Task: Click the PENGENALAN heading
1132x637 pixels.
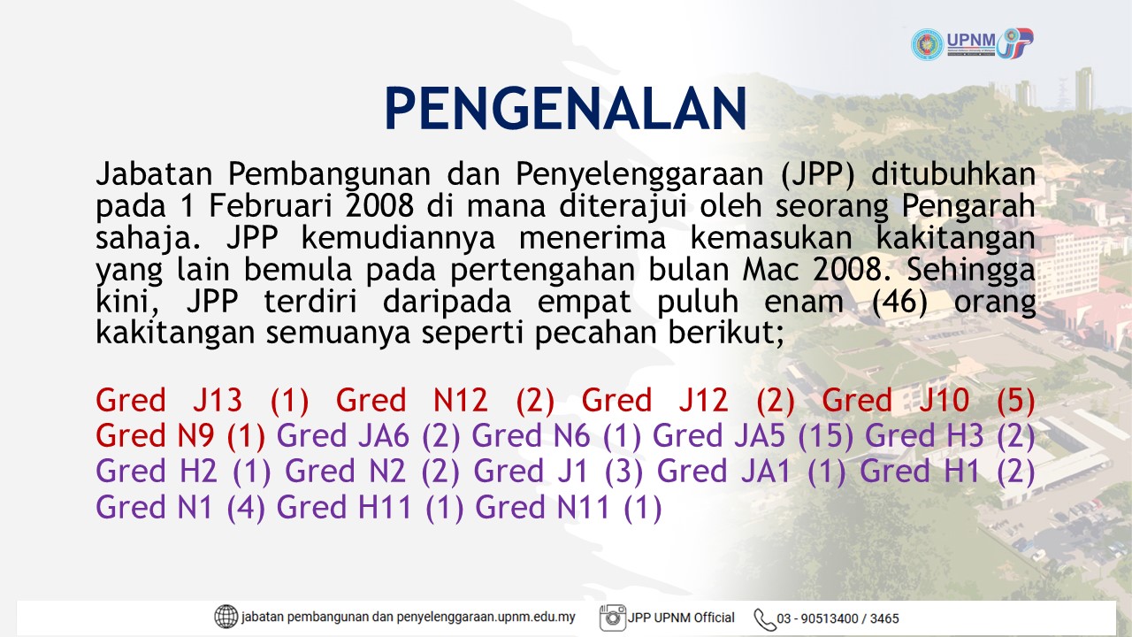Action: (565, 109)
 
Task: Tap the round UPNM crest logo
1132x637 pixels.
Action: (927, 44)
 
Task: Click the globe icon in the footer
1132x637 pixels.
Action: (226, 617)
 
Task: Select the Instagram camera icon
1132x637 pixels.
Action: (613, 618)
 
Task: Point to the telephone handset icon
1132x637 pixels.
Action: (765, 619)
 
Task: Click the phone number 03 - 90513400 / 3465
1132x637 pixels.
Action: (838, 618)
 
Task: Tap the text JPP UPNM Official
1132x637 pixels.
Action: (681, 618)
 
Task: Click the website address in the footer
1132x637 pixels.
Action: (409, 618)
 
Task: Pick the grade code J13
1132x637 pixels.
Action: (218, 401)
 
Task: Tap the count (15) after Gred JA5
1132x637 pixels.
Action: (825, 436)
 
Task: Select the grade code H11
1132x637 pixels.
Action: (385, 507)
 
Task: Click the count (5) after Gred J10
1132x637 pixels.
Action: (1016, 401)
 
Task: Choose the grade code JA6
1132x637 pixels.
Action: (384, 436)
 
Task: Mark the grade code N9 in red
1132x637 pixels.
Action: (195, 436)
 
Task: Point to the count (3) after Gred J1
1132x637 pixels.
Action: (624, 472)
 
